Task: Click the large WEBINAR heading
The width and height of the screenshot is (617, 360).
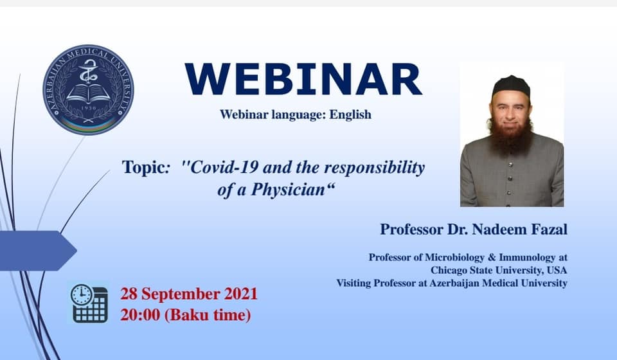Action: point(303,79)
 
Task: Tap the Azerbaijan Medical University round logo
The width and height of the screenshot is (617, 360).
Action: point(88,90)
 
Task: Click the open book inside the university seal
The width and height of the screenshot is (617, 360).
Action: point(88,94)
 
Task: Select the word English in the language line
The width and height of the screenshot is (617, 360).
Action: point(350,114)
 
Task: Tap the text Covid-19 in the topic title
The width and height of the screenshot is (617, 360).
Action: point(224,167)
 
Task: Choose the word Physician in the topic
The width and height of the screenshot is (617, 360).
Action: point(289,190)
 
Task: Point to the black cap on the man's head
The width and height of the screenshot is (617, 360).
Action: point(511,85)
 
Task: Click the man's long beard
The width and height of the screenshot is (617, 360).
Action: point(511,134)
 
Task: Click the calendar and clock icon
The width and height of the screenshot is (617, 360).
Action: point(89,303)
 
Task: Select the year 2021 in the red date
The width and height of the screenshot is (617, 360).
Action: point(241,294)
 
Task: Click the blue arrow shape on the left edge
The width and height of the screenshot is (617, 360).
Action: point(38,251)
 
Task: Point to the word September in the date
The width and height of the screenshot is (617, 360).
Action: point(181,294)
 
